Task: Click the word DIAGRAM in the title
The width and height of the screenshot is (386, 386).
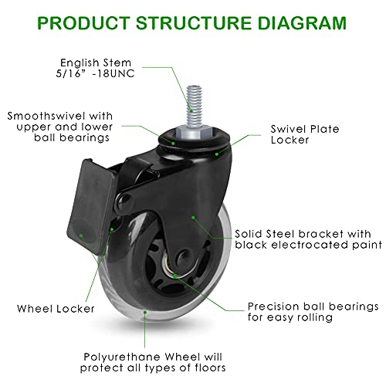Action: pos(302,23)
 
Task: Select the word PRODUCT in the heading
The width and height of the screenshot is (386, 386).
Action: pos(83,23)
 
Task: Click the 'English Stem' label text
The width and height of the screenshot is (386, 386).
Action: pos(96,63)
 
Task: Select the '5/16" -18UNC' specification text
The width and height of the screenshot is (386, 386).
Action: pos(95,73)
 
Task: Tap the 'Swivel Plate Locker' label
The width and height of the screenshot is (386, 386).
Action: pos(305,134)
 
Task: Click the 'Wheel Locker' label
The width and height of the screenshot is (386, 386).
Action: pos(56,309)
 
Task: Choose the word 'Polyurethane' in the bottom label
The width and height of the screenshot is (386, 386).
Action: pos(123,357)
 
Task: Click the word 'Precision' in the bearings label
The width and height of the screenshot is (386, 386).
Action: pos(273,306)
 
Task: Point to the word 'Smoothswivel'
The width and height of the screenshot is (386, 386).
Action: pos(47,116)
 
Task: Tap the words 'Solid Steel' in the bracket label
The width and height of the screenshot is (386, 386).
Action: pos(265,234)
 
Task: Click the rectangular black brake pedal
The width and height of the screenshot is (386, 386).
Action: pos(90,206)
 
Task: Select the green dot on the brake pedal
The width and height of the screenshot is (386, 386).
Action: pos(81,235)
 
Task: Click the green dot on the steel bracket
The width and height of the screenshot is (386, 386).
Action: pos(193,218)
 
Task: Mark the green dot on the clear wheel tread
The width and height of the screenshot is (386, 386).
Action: pos(145,312)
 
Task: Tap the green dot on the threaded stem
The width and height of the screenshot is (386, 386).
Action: pos(191,111)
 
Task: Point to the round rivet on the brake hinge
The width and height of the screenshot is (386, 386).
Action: pos(124,201)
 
